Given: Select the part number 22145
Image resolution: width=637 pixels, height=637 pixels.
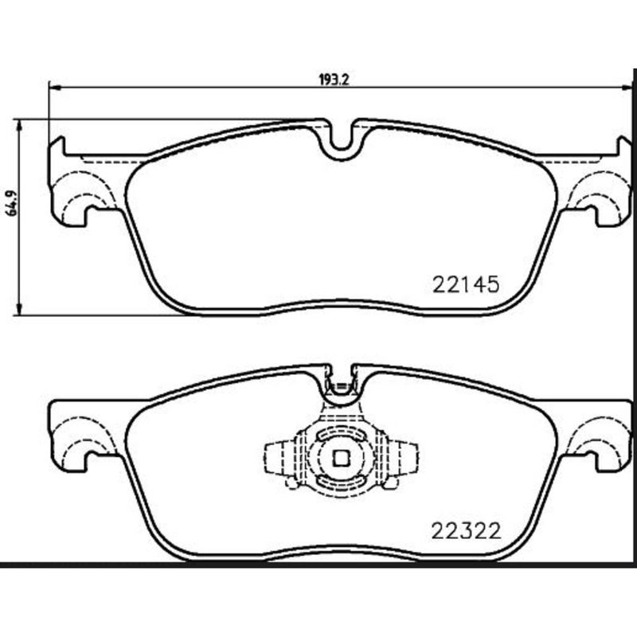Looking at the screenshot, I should [465, 283].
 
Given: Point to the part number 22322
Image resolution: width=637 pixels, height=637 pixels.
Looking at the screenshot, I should [465, 530].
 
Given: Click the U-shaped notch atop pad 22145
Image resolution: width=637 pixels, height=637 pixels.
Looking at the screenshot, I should [341, 140].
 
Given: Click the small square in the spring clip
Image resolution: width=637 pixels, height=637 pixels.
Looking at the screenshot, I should [341, 458].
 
